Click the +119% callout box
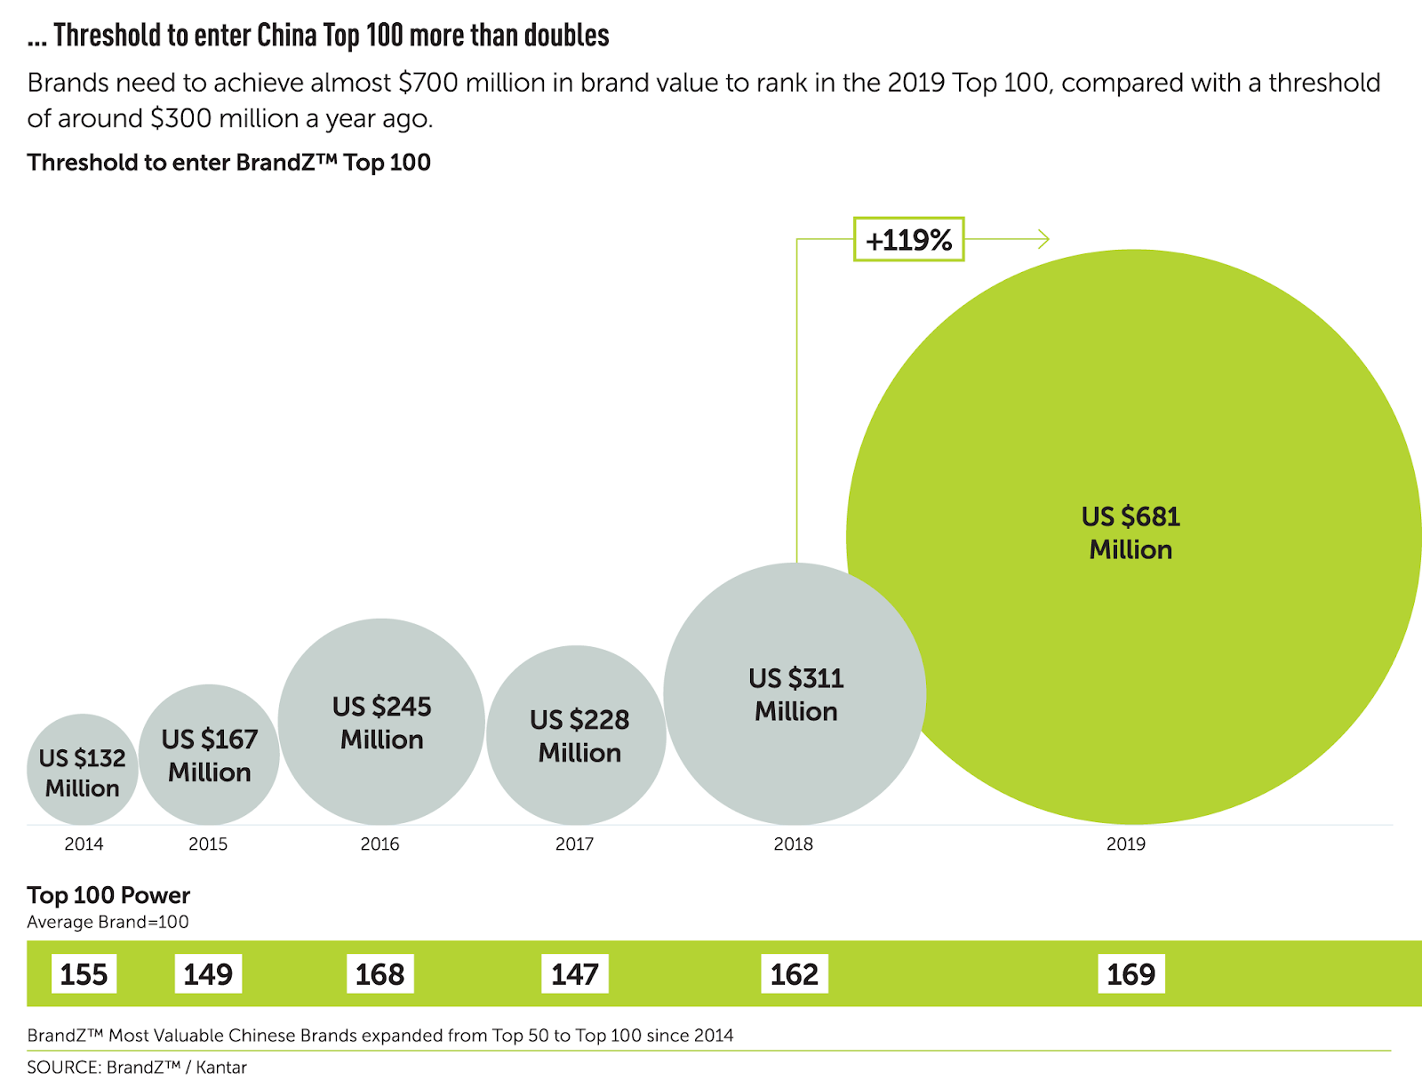[908, 239]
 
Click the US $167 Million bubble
[210, 755]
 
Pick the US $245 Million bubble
[381, 722]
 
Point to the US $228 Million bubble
[579, 735]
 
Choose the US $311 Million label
[796, 694]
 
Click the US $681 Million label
[1130, 532]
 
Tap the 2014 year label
[84, 844]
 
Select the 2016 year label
[379, 844]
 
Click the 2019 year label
[1125, 844]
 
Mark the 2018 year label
[793, 844]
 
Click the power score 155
[84, 974]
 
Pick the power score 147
[575, 974]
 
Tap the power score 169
[1130, 974]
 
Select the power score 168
[379, 974]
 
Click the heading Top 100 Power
[108, 895]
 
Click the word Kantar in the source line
[221, 1067]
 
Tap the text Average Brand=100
[108, 922]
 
